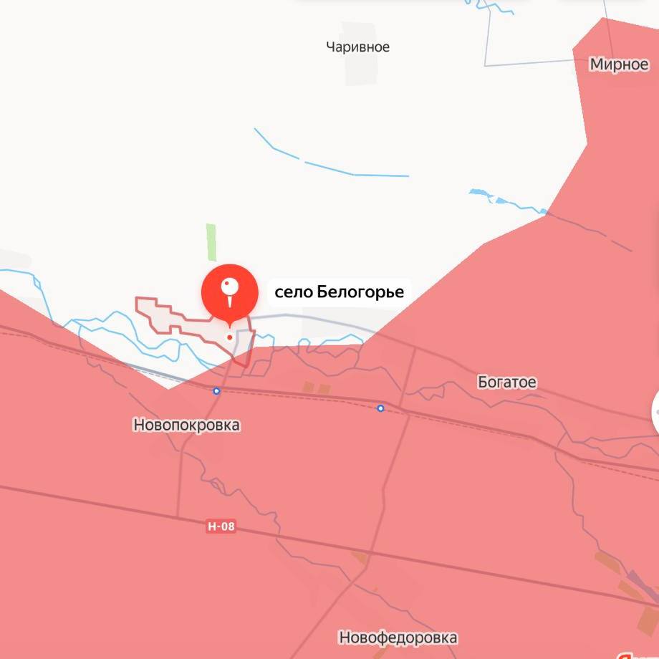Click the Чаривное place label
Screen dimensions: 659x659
click(357, 47)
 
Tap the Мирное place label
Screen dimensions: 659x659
click(619, 64)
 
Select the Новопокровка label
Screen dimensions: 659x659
click(186, 425)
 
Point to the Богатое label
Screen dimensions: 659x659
click(506, 383)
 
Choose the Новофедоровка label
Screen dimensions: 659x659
click(398, 637)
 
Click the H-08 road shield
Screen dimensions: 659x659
click(221, 526)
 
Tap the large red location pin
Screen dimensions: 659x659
click(229, 291)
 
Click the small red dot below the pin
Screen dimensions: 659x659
click(229, 337)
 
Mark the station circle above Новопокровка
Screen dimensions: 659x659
click(216, 390)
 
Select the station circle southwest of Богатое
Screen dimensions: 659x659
click(380, 408)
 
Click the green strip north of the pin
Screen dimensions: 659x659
click(211, 242)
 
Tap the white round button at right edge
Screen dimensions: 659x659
click(653, 413)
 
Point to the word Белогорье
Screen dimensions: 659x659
click(360, 292)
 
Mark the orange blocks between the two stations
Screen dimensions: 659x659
click(316, 388)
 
